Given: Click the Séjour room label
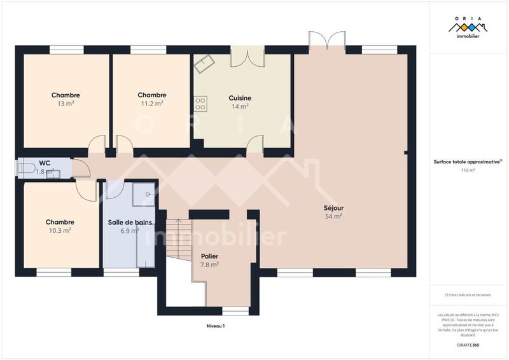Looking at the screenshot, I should pyautogui.click(x=333, y=207).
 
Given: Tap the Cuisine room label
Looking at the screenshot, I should pyautogui.click(x=240, y=98).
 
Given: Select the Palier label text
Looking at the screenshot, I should pyautogui.click(x=209, y=256).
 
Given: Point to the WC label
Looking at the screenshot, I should pyautogui.click(x=44, y=163).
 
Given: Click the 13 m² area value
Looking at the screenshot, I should pyautogui.click(x=66, y=103).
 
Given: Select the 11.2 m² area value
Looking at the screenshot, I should pyautogui.click(x=151, y=103).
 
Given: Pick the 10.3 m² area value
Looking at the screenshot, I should pyautogui.click(x=60, y=230).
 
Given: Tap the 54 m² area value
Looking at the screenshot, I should pyautogui.click(x=333, y=216).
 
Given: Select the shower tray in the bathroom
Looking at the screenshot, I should pyautogui.click(x=143, y=195).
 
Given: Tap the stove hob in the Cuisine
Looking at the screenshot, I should pyautogui.click(x=200, y=101).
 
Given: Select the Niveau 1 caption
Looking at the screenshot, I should pyautogui.click(x=216, y=326).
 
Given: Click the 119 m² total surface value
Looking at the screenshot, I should pyautogui.click(x=468, y=170).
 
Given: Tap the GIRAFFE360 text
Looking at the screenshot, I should pyautogui.click(x=468, y=345).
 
